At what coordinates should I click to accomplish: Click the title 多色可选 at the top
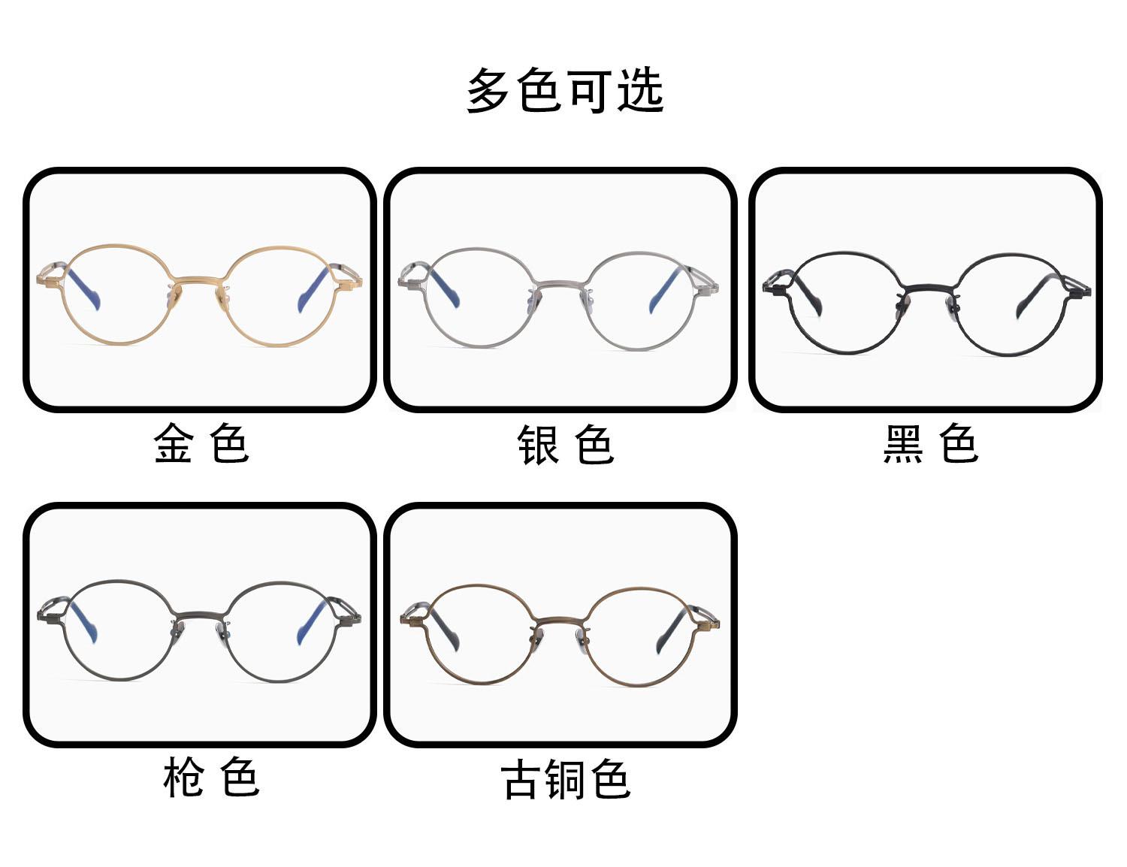564,91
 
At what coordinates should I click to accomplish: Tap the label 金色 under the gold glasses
201,443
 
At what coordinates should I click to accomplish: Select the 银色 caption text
565,445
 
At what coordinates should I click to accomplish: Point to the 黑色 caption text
930,443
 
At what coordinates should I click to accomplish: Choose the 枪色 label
211,778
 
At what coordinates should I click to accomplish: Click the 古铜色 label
565,779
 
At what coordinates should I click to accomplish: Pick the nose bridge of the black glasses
927,288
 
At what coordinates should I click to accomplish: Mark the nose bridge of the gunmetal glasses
198,614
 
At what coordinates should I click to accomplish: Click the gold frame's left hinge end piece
47,280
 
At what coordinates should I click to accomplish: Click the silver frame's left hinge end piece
407,283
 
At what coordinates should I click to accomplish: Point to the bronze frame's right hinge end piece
710,623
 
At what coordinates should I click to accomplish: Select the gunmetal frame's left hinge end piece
47,617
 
